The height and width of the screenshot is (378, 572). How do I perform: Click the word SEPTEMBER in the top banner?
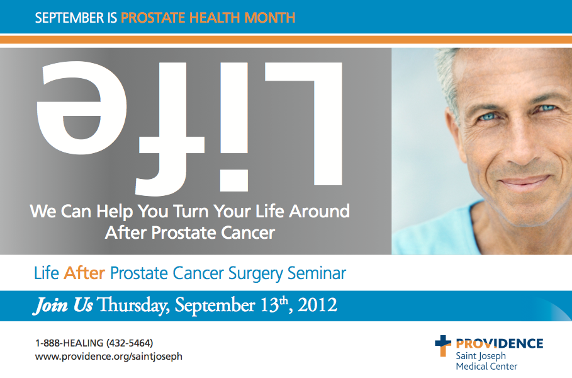(x=69, y=18)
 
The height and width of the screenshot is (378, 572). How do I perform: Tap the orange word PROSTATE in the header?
(x=153, y=18)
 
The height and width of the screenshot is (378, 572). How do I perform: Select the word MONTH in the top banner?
(x=269, y=18)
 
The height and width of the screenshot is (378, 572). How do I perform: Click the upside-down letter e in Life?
(x=81, y=108)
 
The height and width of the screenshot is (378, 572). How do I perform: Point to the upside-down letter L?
(x=304, y=124)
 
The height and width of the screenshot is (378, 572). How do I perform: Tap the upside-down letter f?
(x=170, y=129)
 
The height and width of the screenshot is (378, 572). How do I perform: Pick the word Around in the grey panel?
(x=319, y=211)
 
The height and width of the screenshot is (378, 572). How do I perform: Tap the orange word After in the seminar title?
(x=84, y=273)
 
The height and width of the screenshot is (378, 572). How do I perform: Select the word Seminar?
(x=317, y=273)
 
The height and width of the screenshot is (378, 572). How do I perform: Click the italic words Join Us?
(x=63, y=306)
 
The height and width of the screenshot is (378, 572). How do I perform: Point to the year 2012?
(x=317, y=305)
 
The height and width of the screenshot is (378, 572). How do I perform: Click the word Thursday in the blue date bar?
(x=134, y=306)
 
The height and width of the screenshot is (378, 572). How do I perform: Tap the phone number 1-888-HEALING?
(x=69, y=343)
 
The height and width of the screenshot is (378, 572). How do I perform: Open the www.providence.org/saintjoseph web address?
(x=109, y=357)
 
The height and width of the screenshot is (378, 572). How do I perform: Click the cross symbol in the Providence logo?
(x=443, y=345)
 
